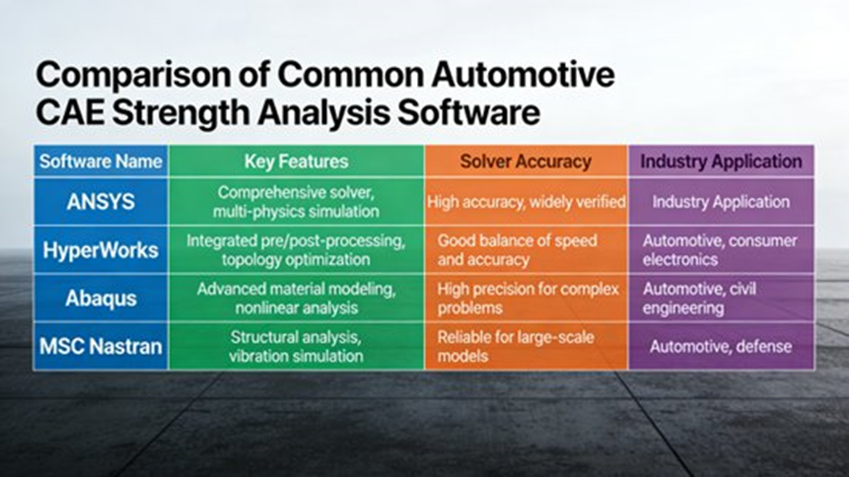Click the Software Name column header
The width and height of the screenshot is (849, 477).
(x=100, y=161)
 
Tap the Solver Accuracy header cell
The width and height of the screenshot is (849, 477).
(x=526, y=161)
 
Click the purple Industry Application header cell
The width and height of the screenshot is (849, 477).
(x=721, y=161)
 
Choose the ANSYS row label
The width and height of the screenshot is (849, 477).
(x=100, y=201)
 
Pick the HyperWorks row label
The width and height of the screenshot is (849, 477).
(x=100, y=249)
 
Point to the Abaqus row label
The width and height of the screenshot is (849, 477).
(x=100, y=298)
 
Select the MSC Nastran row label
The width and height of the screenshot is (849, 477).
(x=100, y=346)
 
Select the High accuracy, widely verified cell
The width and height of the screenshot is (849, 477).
(x=526, y=202)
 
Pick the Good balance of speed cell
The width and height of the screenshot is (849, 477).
(x=526, y=249)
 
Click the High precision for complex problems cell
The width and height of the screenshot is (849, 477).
(x=526, y=298)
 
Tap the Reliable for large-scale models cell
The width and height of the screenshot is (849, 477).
(x=526, y=346)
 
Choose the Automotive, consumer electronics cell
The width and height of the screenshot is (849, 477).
(x=721, y=249)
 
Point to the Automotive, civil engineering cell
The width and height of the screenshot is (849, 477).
(x=721, y=298)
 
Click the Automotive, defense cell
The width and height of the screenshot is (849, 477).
(x=721, y=347)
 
